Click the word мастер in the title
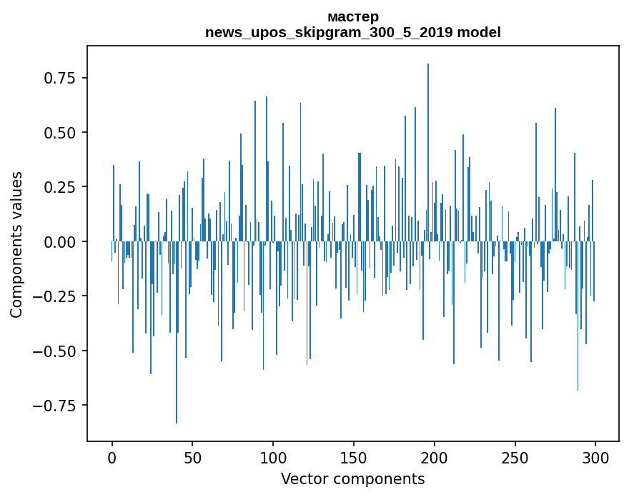click(352, 16)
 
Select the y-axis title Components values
click(16, 244)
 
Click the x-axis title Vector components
click(352, 479)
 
